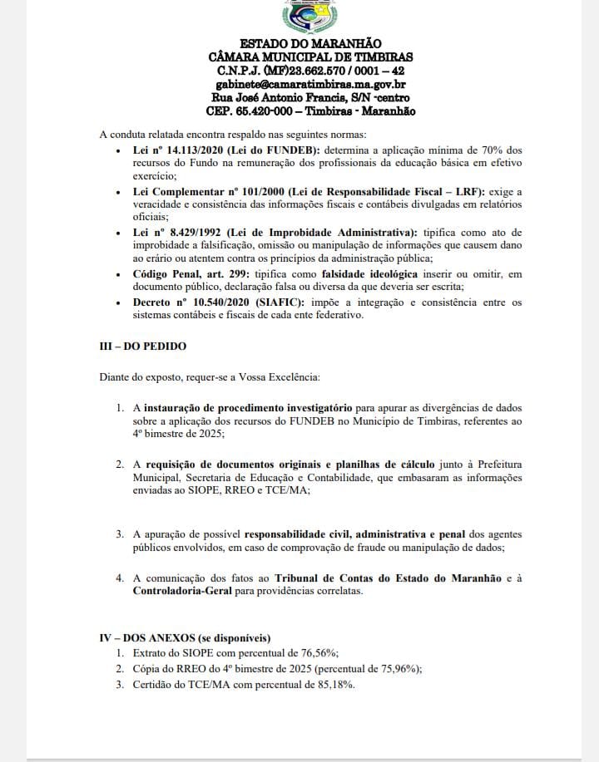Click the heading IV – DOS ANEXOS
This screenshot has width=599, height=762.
(x=185, y=638)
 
